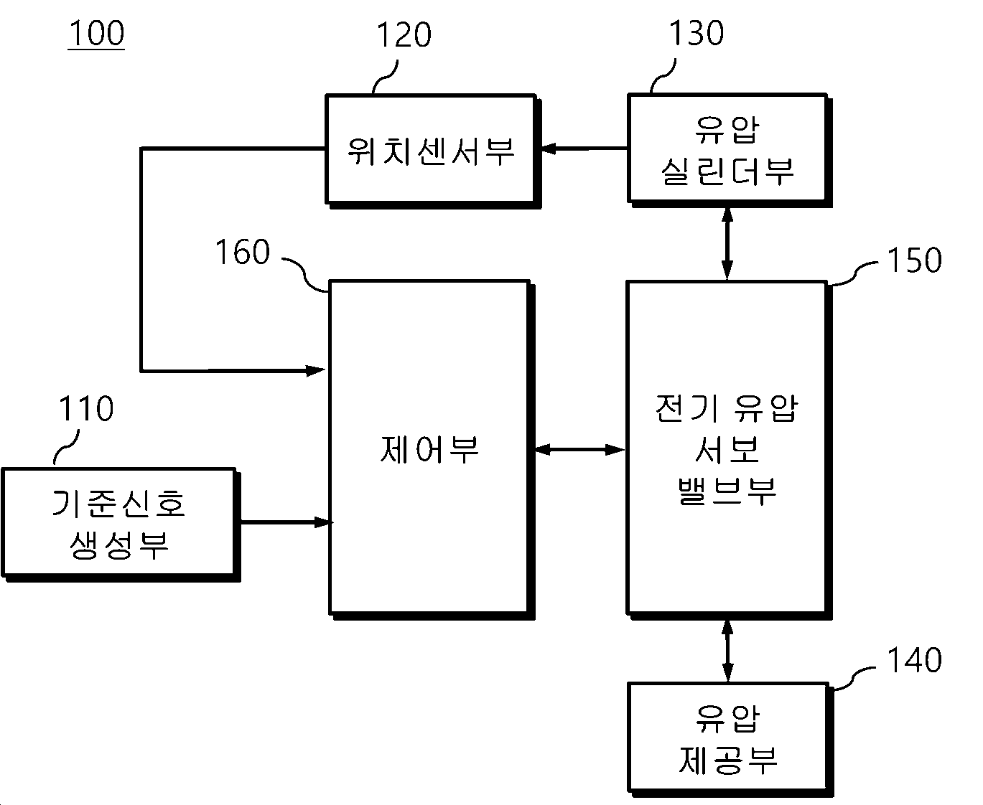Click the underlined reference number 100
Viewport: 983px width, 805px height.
[96, 33]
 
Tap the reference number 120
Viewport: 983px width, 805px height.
[404, 35]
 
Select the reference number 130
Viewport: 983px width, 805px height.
[697, 33]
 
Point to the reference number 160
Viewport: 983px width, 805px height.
[243, 252]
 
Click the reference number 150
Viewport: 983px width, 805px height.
[915, 260]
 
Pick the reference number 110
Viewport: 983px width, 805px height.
[86, 408]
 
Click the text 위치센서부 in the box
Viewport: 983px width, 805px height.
[431, 151]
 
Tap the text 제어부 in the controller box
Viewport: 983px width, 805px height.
[429, 449]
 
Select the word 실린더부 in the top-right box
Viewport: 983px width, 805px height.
[727, 171]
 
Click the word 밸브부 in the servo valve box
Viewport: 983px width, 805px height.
[727, 491]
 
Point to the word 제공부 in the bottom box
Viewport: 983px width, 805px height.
[728, 760]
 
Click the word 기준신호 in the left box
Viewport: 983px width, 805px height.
[119, 504]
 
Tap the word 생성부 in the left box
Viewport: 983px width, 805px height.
[119, 545]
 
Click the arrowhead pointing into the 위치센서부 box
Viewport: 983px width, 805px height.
[548, 149]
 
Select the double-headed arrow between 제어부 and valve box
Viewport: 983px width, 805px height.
[579, 450]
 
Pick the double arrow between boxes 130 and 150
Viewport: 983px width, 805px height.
[727, 244]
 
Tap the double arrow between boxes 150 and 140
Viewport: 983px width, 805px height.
[727, 651]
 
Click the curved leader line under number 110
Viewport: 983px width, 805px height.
[66, 448]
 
